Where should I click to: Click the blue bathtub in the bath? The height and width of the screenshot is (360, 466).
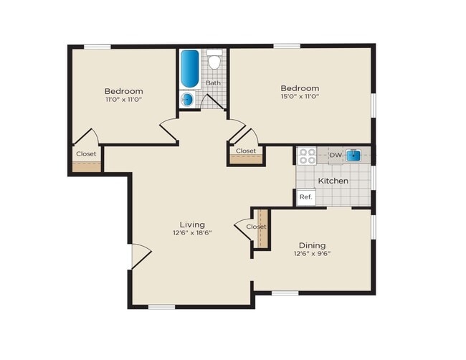pos(190,68)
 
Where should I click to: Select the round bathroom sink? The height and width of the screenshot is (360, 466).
pos(188,100)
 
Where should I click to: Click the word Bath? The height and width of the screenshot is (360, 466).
pos(214,82)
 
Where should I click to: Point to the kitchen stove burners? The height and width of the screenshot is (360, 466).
pos(307,155)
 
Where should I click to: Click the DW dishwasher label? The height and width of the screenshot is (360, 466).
pos(336,155)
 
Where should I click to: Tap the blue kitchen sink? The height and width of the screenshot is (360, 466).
pos(353,155)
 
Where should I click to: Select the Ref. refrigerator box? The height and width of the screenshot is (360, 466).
pos(305,196)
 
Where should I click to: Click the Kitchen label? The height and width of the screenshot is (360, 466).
pos(333,181)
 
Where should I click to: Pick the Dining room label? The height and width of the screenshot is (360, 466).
pos(312,245)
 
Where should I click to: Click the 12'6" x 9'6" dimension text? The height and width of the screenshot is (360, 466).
pos(312,254)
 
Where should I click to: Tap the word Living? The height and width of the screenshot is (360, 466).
pos(192,224)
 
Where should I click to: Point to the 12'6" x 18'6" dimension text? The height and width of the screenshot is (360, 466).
pos(192,233)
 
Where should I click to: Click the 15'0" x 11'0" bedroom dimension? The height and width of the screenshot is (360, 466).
pos(299,96)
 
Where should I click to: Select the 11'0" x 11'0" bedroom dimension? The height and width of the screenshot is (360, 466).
pos(123,100)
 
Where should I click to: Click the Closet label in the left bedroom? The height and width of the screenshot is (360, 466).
pos(86,153)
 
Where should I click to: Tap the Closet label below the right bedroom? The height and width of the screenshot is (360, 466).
pos(246,151)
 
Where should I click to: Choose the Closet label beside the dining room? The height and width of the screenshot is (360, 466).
pos(256,227)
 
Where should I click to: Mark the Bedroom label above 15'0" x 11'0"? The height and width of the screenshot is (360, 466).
pos(299,87)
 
